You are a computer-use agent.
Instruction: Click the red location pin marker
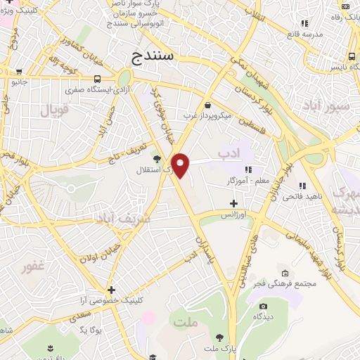181,164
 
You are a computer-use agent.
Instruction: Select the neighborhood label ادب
229,152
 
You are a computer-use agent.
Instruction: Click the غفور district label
33,266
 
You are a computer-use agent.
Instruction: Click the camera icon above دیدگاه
263,306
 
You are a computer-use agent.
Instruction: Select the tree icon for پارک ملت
220,337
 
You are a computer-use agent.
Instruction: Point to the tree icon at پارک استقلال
156,159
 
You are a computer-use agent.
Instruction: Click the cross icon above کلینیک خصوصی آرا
111,289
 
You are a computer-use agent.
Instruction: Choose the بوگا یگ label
91,329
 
